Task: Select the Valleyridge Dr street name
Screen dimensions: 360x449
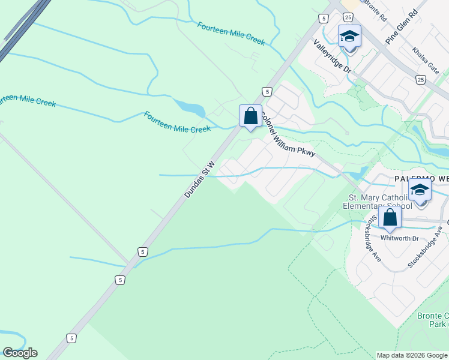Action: coord(332,57)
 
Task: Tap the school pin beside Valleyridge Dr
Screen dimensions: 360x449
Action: coord(349,38)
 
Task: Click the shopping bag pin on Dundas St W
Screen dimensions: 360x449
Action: coord(250,116)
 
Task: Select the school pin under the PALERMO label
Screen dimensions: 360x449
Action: coord(420,191)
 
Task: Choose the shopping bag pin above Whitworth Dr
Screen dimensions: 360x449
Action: coord(390,218)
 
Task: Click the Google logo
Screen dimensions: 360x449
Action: coord(20,353)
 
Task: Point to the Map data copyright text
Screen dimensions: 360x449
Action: coord(412,355)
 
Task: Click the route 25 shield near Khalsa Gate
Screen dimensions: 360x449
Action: coord(421,79)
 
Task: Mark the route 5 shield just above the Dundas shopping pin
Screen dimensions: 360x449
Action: coord(267,91)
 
